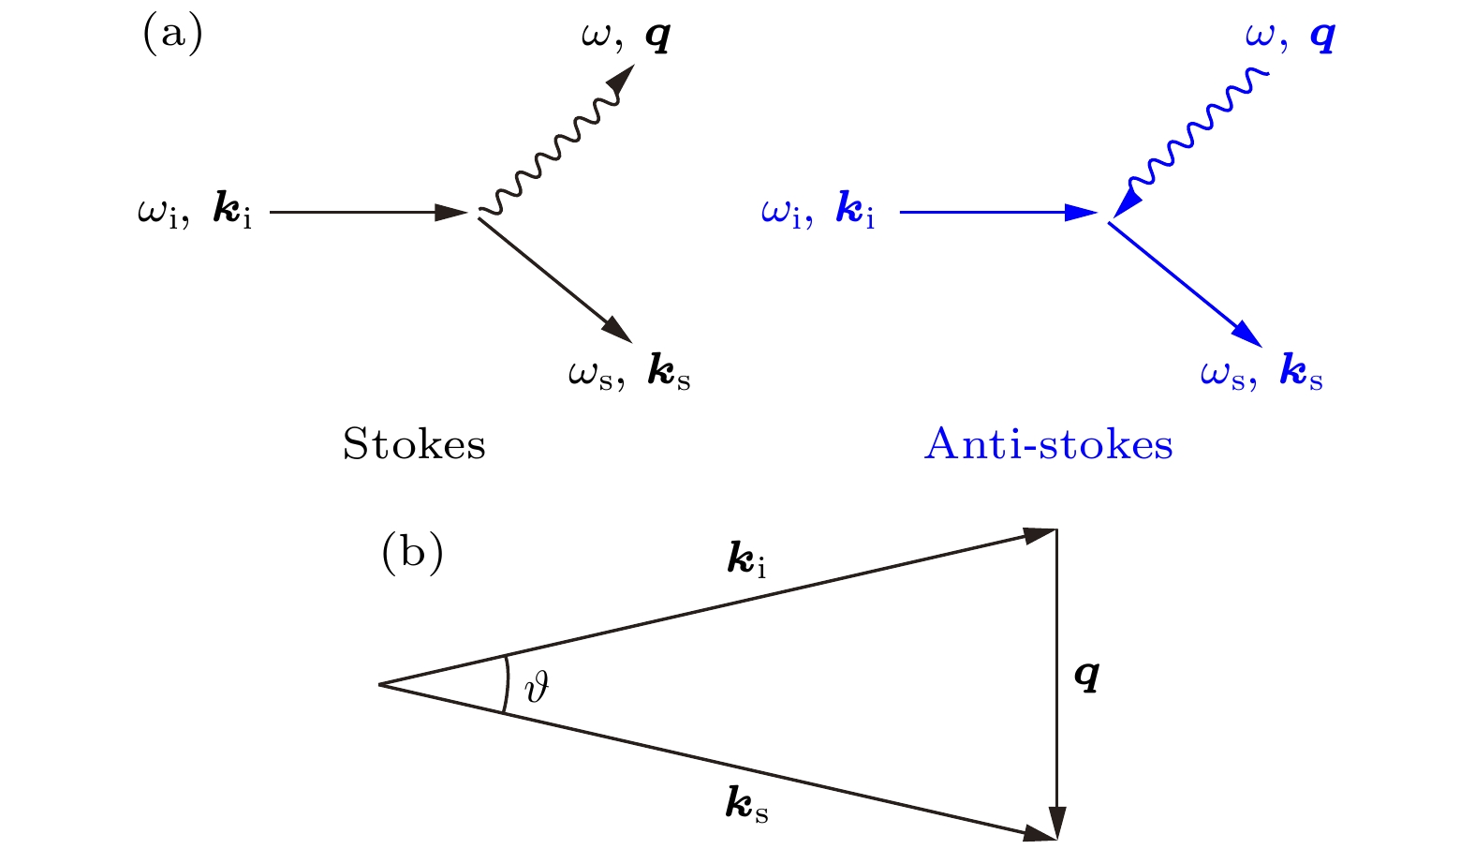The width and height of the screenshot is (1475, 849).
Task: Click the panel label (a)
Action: [172, 36]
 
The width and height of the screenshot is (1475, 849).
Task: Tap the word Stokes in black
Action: [414, 444]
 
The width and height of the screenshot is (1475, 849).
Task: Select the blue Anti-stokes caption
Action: [1048, 444]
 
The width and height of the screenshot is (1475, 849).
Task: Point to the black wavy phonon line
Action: [553, 150]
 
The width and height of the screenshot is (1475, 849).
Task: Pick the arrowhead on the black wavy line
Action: [621, 82]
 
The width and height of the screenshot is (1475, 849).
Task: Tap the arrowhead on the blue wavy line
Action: [1127, 201]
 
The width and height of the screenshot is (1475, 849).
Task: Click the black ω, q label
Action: [626, 37]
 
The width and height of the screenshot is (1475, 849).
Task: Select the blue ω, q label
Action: [1290, 37]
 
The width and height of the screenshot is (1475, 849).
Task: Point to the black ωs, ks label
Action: [629, 374]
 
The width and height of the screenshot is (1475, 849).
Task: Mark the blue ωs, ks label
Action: [1261, 374]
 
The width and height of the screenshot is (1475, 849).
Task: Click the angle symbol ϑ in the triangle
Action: [537, 687]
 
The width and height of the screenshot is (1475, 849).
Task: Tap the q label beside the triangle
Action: [1086, 674]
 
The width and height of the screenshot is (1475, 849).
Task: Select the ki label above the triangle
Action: [746, 560]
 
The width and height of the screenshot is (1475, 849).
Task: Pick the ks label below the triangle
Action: [746, 805]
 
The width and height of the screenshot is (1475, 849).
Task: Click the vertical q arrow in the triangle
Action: [1056, 675]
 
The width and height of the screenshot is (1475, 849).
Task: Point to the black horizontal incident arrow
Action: [365, 213]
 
